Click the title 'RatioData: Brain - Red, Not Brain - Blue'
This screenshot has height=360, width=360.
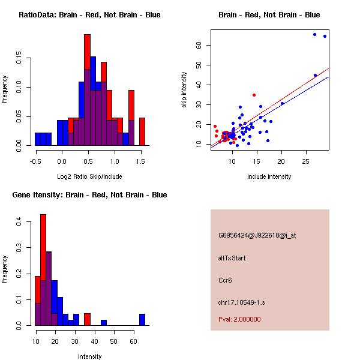[x=89, y=15]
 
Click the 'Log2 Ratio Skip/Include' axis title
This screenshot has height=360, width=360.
[x=89, y=176]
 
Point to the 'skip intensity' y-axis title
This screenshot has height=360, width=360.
[x=185, y=90]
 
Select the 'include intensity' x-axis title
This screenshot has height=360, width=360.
[x=269, y=176]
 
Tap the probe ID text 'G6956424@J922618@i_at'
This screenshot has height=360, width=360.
[x=257, y=235]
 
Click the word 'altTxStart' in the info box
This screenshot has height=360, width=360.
[x=232, y=258]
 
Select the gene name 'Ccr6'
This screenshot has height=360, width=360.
[x=224, y=280]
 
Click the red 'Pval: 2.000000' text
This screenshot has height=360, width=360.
[x=239, y=319]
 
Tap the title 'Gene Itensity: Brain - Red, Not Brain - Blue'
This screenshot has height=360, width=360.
[x=89, y=195]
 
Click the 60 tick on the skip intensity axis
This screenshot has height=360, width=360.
[x=198, y=45]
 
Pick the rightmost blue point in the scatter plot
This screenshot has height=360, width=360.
[x=325, y=36]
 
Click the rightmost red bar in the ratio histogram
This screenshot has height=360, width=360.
[x=142, y=131]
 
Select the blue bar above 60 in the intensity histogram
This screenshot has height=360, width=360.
[x=142, y=319]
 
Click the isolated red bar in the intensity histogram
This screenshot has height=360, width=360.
[x=87, y=319]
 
